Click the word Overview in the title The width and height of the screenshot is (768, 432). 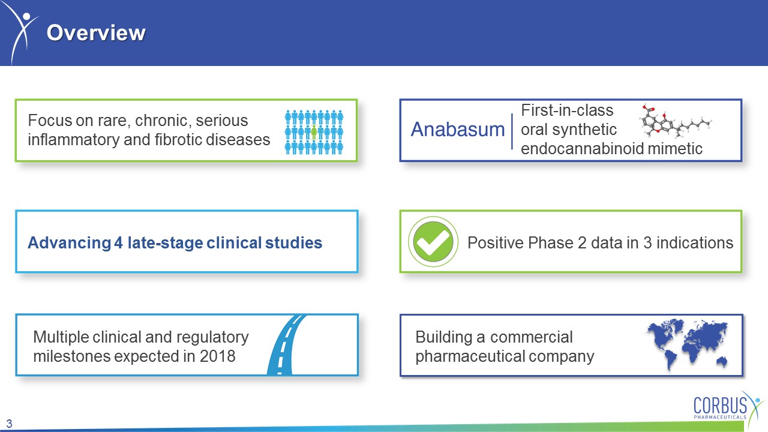point(96,33)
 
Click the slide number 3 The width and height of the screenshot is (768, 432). point(9,424)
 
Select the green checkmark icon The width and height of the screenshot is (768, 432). point(433,241)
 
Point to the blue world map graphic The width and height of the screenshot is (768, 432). point(687,344)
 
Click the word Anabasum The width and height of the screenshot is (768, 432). point(458,130)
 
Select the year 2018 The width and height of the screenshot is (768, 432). point(218,356)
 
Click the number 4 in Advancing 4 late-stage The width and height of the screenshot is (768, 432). point(118,243)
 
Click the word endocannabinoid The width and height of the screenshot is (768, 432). point(583,149)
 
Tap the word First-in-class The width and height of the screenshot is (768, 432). point(567,110)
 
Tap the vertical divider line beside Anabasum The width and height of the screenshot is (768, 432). point(512,131)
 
